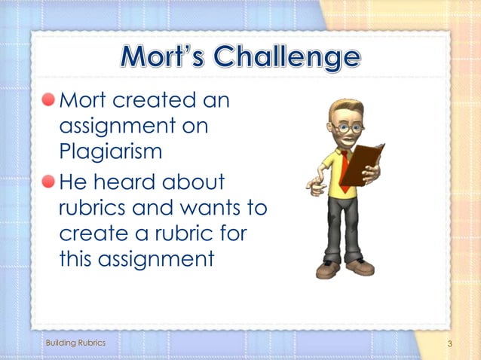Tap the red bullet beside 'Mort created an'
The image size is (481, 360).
[49, 100]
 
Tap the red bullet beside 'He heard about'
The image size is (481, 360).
[49, 181]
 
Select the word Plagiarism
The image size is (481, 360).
[110, 151]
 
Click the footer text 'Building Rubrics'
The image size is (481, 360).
[75, 343]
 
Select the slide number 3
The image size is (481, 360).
[449, 344]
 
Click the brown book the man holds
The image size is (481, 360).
[362, 163]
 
